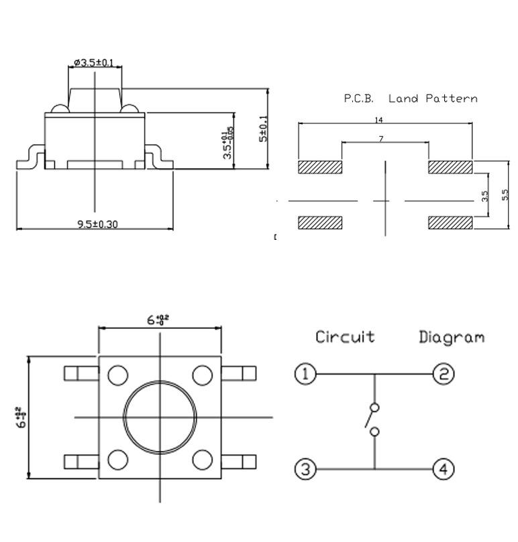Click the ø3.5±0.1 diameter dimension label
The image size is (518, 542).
tap(95, 63)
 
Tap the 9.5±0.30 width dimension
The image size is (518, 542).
tap(97, 224)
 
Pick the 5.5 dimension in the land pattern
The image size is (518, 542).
tap(505, 194)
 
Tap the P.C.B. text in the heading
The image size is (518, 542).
tap(358, 98)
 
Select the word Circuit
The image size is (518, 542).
tap(345, 336)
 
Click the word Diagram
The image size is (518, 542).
tap(451, 336)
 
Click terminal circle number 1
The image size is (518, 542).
tap(305, 374)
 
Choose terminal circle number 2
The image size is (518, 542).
tap(443, 374)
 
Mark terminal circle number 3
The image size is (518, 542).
tap(305, 469)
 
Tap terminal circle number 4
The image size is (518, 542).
tap(443, 469)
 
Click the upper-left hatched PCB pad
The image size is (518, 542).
tap(320, 167)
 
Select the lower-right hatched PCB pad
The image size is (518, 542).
tap(450, 222)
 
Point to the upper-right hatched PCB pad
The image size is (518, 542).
tap(450, 167)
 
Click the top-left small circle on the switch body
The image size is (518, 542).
tap(118, 375)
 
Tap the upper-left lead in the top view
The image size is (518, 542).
tap(81, 372)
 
